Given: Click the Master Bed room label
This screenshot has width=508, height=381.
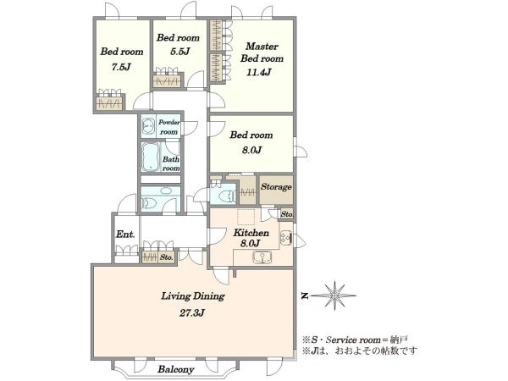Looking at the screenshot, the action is [x=262, y=52].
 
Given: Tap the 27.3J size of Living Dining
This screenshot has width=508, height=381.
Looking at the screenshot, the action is [x=192, y=313].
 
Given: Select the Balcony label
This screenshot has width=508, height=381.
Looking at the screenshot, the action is [x=176, y=369].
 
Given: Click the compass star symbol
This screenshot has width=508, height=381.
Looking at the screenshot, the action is [x=334, y=295].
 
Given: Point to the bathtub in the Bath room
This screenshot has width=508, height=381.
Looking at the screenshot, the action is [x=151, y=157].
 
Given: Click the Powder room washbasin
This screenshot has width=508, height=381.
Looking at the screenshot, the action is [x=149, y=125].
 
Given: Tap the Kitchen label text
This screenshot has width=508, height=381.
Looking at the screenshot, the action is [x=251, y=233].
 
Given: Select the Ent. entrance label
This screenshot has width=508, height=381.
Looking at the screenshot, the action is [x=125, y=235].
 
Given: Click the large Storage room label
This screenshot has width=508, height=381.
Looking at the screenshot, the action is [x=276, y=187].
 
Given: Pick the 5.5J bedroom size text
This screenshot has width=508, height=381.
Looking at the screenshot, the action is [x=178, y=52].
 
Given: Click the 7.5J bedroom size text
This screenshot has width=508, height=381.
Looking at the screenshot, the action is [x=121, y=67].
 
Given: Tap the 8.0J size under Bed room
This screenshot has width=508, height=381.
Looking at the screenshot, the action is [x=251, y=150].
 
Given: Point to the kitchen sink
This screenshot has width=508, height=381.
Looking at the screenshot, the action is [x=262, y=257].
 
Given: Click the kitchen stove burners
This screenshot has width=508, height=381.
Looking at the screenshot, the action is [x=286, y=239].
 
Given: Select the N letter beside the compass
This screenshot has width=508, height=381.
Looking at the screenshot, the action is [x=304, y=295].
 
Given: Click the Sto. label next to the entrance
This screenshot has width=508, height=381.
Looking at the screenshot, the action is [x=167, y=257].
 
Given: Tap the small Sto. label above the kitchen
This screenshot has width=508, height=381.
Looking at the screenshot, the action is [x=287, y=214].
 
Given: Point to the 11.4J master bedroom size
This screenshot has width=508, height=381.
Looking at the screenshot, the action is [x=258, y=72].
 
